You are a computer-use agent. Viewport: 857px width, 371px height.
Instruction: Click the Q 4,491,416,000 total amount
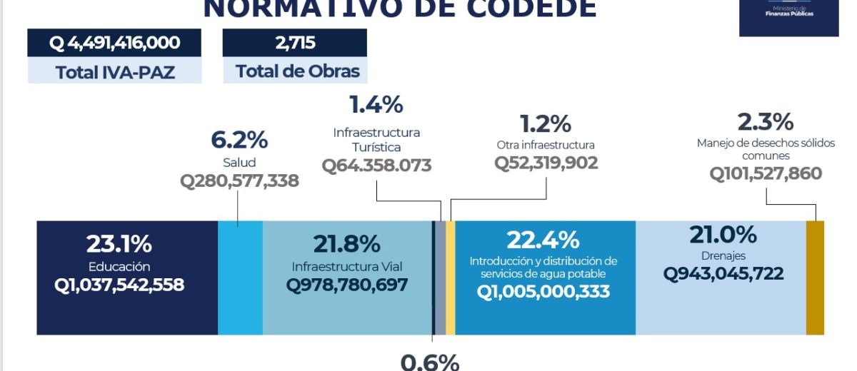tap(114, 44)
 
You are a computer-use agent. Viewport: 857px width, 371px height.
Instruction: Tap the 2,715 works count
tap(294, 44)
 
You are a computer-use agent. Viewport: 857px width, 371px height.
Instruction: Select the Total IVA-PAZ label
tap(114, 71)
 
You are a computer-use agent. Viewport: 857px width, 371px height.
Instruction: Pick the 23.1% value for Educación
tap(119, 244)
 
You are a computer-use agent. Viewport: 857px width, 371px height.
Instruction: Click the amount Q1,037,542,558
tap(119, 285)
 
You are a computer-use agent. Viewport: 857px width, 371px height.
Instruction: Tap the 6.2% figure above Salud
tap(239, 139)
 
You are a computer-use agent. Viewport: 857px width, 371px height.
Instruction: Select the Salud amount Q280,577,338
tap(239, 181)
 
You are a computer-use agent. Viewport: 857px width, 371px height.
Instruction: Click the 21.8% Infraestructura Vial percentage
tap(347, 244)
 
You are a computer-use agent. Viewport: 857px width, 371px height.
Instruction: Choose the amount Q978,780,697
tap(347, 285)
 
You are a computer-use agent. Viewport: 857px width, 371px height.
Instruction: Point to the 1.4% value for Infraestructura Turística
tap(376, 105)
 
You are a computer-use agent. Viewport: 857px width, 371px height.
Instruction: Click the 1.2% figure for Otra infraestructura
tap(546, 123)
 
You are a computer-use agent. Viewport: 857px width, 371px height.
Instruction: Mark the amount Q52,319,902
tap(546, 163)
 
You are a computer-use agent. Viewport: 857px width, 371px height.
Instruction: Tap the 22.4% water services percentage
tap(543, 240)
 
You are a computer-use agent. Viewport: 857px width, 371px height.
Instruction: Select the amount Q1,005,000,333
tap(543, 291)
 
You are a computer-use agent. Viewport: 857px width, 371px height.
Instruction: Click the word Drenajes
tap(723, 255)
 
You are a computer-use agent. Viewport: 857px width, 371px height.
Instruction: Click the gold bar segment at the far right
tap(815, 278)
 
